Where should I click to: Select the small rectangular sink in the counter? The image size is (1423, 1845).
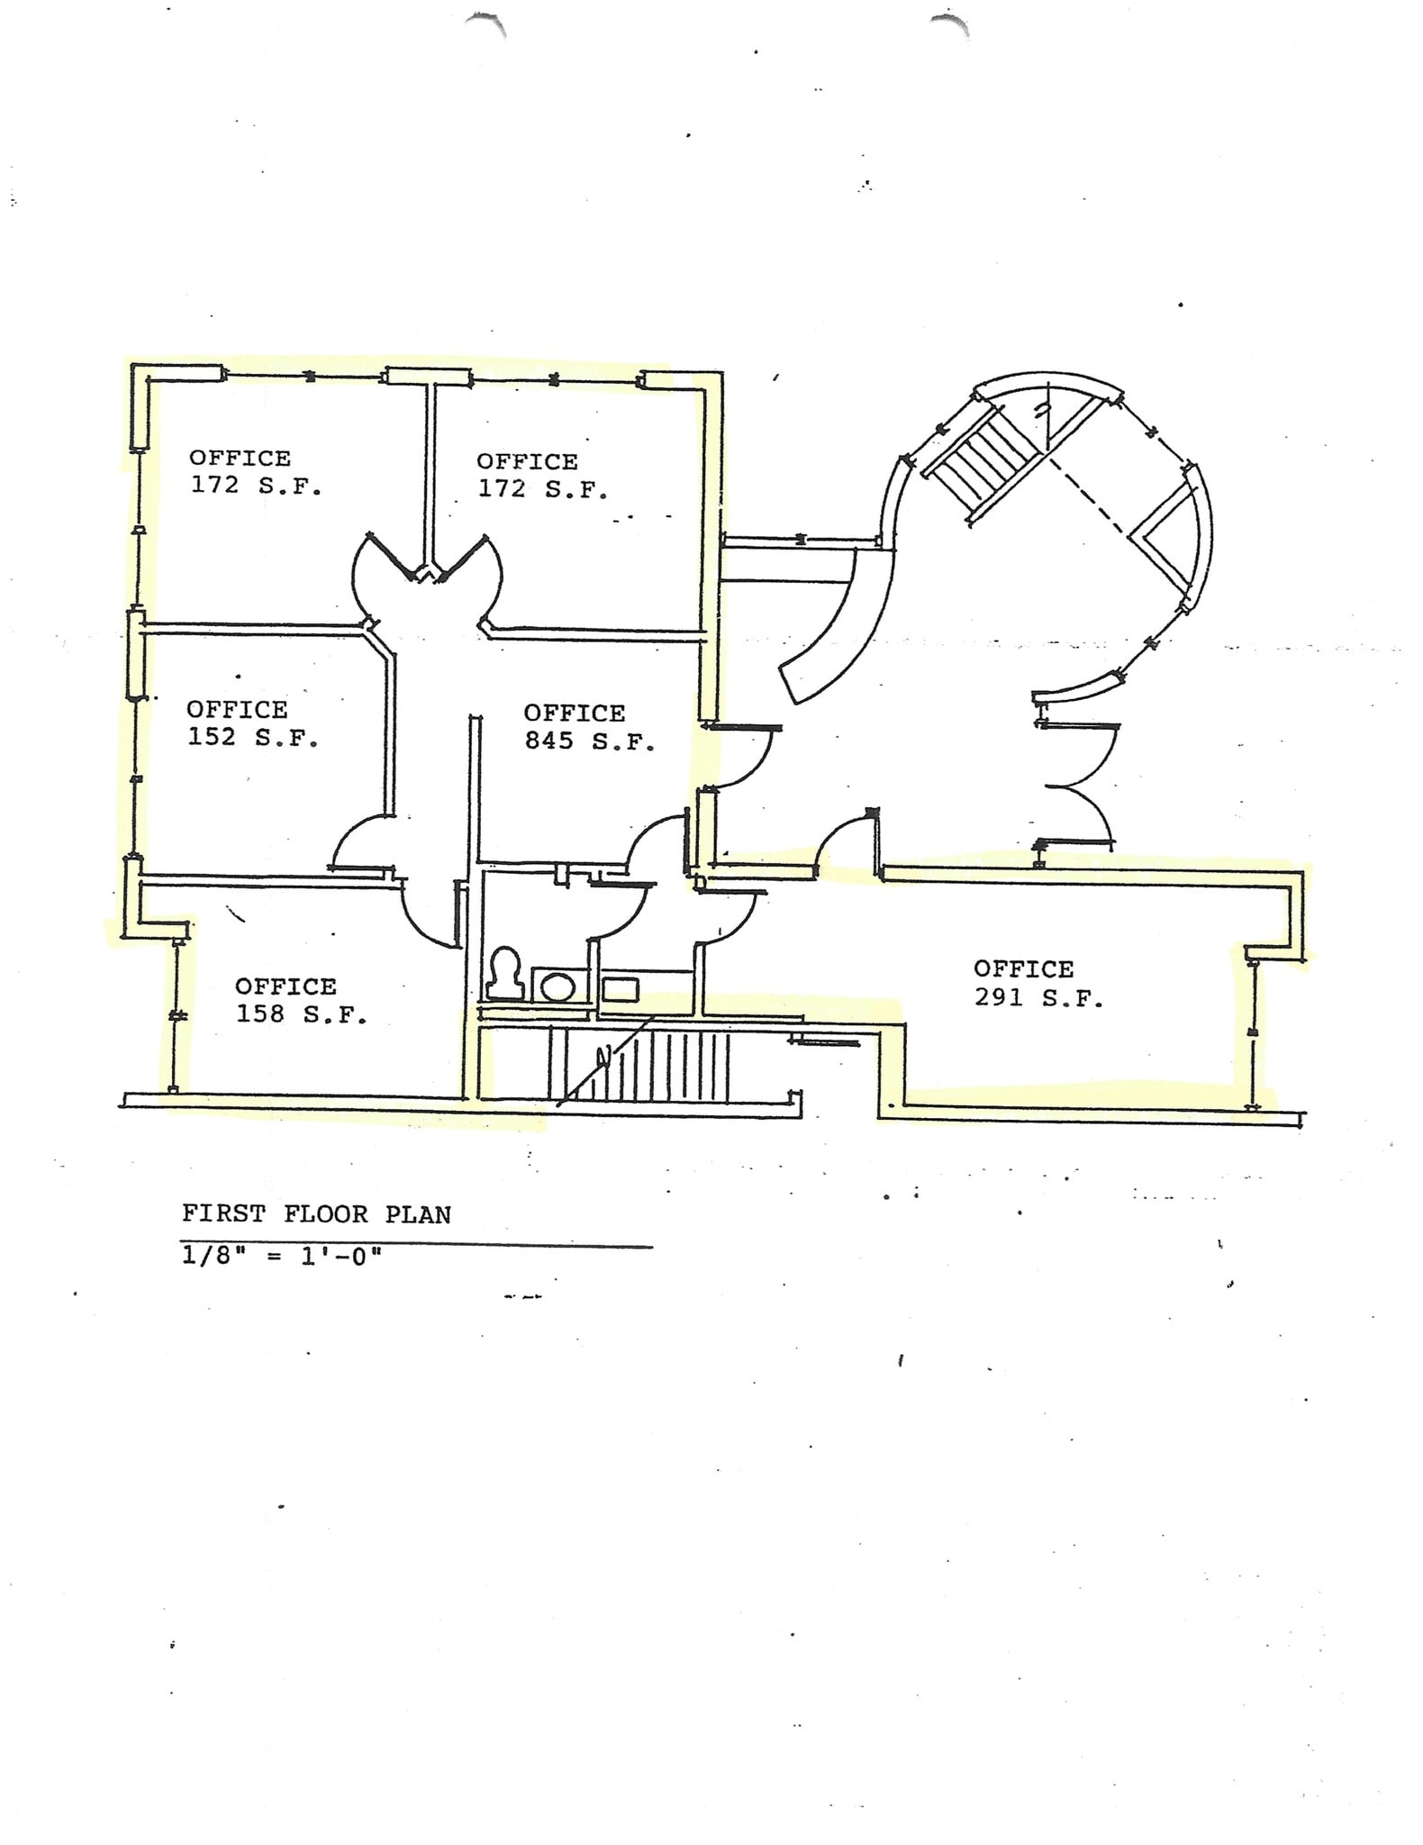pos(620,989)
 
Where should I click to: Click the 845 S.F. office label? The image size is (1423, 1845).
pos(588,727)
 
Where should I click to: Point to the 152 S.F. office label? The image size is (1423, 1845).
pos(252,723)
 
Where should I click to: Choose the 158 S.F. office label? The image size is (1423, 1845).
pos(300,1000)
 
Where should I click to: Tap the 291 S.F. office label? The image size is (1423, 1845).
pos(1038,984)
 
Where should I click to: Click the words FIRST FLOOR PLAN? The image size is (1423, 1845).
pos(315,1214)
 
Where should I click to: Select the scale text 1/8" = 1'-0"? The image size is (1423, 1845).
pos(281,1256)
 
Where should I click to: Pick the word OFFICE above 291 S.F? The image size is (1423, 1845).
pos(1023,969)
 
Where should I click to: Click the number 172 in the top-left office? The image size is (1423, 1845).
pos(214,485)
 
